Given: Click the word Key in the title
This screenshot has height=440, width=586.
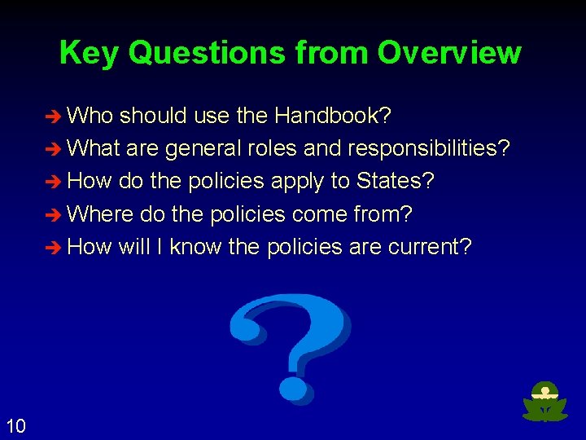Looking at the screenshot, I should [x=89, y=53].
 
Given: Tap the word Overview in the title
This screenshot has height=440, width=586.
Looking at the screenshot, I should [x=449, y=53].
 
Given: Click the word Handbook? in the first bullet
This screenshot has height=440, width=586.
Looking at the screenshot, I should [x=333, y=117].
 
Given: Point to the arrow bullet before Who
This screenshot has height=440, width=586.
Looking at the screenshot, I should [x=55, y=117].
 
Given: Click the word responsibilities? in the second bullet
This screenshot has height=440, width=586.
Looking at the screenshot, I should [x=429, y=149].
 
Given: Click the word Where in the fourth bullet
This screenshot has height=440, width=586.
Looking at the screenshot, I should [x=101, y=214].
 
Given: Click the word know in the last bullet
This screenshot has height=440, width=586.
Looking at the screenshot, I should [x=196, y=247].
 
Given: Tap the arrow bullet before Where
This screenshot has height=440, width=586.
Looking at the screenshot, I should [x=55, y=215].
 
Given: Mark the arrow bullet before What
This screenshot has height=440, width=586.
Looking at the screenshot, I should [x=55, y=150].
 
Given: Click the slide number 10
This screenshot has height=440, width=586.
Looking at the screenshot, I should [x=15, y=425].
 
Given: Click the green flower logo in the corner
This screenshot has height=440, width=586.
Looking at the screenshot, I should [x=544, y=402].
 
